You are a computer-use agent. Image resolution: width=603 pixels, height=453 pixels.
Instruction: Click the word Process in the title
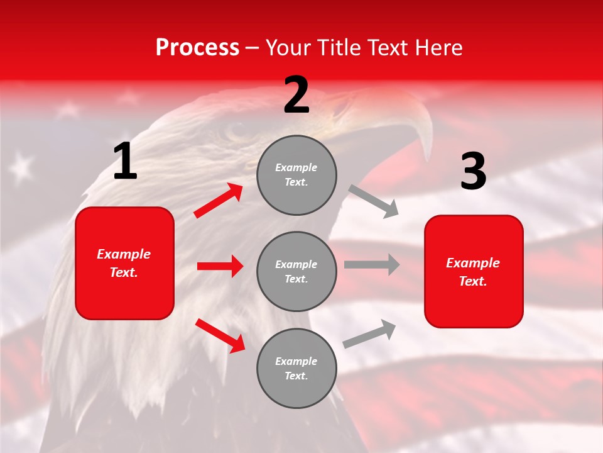[x=197, y=48]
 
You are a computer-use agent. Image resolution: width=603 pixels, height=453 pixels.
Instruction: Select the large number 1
[x=125, y=161]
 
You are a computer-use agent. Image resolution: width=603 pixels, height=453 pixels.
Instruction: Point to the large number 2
[x=296, y=94]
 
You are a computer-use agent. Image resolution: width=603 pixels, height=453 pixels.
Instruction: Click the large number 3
[x=473, y=171]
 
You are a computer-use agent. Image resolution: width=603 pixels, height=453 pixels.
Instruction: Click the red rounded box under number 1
[x=124, y=263]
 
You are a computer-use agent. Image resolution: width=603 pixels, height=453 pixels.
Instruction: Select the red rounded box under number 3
[x=474, y=271]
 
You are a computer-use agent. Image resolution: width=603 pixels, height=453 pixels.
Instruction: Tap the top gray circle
[x=296, y=175]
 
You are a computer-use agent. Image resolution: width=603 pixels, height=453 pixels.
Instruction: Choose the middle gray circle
[x=296, y=271]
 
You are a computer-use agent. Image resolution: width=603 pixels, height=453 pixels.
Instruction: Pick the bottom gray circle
[x=296, y=368]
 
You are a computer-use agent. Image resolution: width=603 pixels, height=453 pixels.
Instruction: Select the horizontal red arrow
[x=220, y=266]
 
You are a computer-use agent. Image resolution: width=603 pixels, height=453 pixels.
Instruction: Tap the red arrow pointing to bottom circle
[x=220, y=335]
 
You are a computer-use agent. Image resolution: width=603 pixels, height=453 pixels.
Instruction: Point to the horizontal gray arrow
[x=372, y=264]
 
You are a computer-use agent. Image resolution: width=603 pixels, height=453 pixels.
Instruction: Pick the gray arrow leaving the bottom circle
[x=370, y=334]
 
